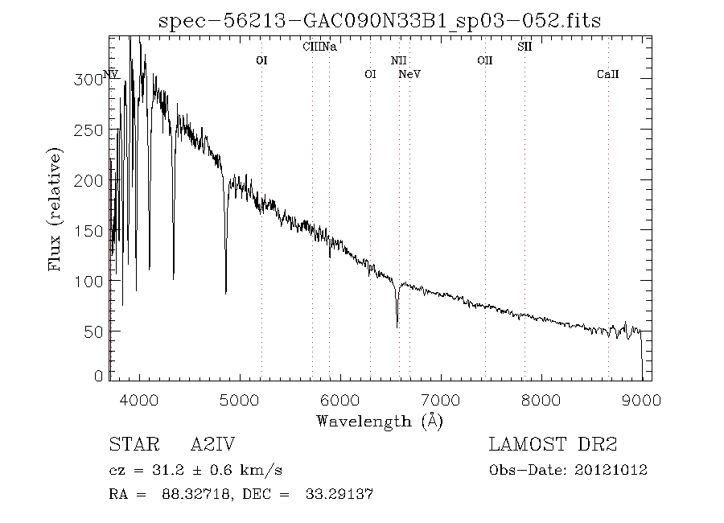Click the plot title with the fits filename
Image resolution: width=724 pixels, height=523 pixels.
click(x=380, y=20)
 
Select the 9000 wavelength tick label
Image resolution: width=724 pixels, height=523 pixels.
click(x=641, y=400)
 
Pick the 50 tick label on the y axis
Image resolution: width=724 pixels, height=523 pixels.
click(x=97, y=332)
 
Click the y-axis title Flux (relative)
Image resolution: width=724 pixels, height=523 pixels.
click(x=56, y=210)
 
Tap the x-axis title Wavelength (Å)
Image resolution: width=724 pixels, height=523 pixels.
click(x=380, y=421)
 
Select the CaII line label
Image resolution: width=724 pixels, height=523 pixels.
click(x=608, y=75)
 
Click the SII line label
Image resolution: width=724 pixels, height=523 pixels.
click(x=524, y=47)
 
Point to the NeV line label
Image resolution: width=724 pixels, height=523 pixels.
click(x=410, y=75)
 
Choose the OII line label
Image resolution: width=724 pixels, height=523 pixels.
click(x=484, y=60)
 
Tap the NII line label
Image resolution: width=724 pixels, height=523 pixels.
click(x=399, y=60)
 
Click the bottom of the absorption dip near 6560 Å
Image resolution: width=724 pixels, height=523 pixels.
click(x=397, y=326)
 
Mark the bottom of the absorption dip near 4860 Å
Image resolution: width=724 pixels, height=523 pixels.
click(x=226, y=292)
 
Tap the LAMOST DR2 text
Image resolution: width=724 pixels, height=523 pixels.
click(x=553, y=445)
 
